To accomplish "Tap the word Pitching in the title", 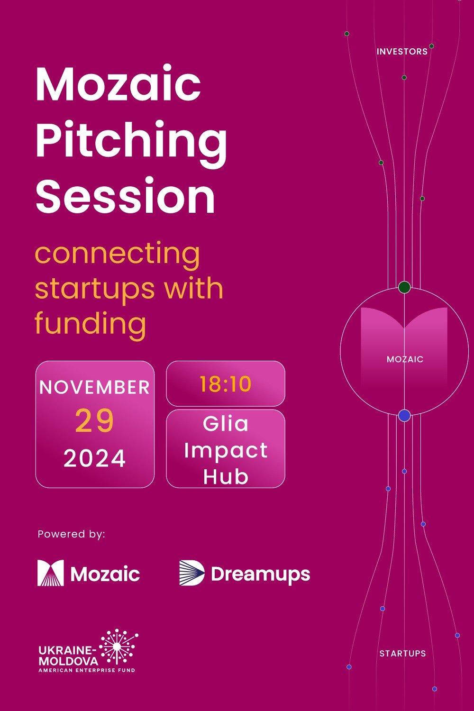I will (131, 141).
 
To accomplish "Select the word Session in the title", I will (125, 196).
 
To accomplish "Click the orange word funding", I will (90, 324).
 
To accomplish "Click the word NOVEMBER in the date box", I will (95, 387).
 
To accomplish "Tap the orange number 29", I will (95, 421).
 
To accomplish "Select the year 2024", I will (95, 458).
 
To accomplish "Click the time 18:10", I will (225, 384).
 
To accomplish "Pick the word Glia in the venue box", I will (226, 423).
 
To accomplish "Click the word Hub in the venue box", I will (226, 476).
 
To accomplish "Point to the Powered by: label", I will (71, 534).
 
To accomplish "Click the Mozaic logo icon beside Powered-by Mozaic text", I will (51, 573).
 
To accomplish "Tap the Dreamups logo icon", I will (191, 573).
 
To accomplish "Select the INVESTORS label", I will (402, 52).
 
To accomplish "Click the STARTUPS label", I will (402, 654).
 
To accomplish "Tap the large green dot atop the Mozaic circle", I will (404, 287).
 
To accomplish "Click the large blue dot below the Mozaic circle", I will (404, 416).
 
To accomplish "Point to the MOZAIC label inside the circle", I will (405, 359).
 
